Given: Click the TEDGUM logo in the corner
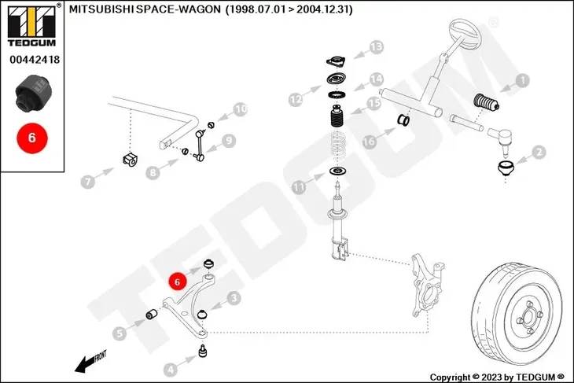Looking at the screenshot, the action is [x=32, y=25].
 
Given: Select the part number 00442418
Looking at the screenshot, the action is [x=35, y=59].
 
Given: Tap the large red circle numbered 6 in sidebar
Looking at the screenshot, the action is [x=32, y=138].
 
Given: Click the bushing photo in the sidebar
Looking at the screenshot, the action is [x=33, y=94].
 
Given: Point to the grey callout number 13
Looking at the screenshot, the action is [x=376, y=47].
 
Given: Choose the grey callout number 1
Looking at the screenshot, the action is [x=522, y=80].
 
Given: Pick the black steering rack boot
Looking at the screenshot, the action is [x=486, y=102].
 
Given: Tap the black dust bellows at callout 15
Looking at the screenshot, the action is [x=337, y=116].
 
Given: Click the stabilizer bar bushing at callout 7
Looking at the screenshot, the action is [x=130, y=160].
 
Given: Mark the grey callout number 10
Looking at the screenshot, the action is [x=240, y=109].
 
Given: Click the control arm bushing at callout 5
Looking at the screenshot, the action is [x=152, y=314].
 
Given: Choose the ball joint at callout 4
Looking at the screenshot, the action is [x=203, y=351].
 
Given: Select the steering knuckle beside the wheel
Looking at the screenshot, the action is [x=427, y=285].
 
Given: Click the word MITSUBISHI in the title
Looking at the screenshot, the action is [x=101, y=9].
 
